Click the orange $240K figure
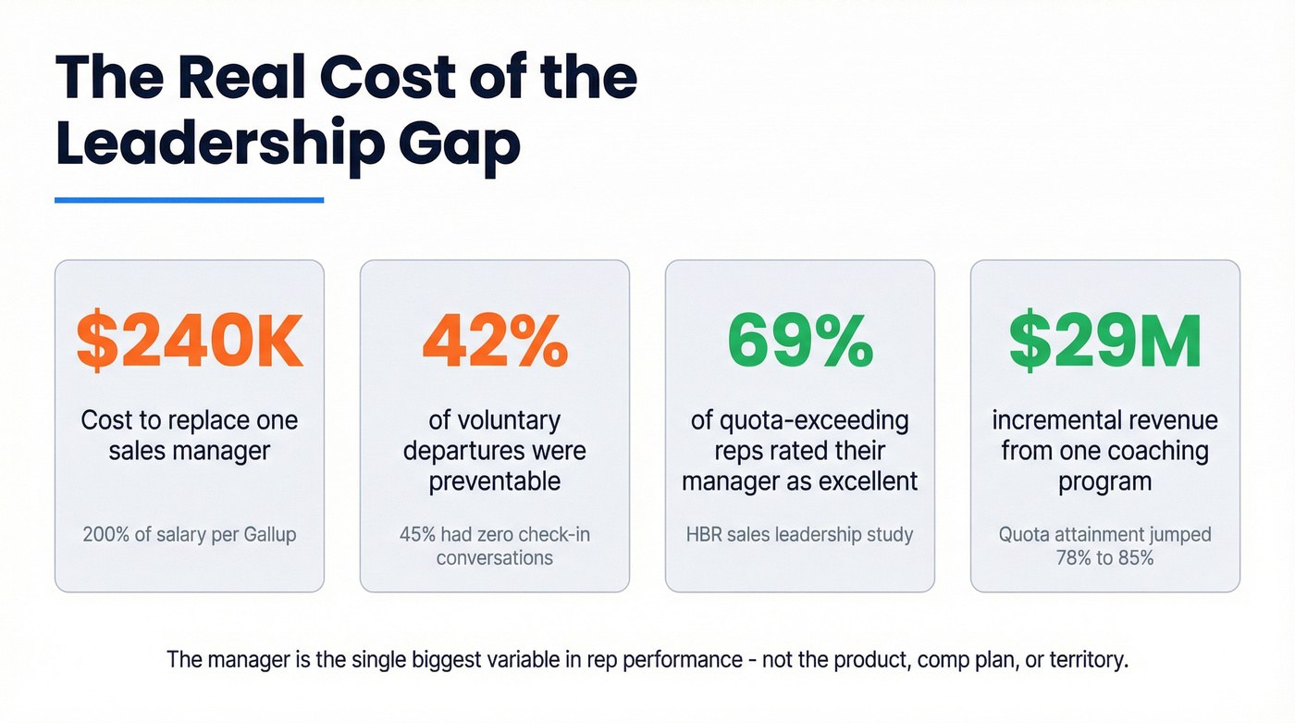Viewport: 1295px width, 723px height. tap(189, 342)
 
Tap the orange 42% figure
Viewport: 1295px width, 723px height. tap(494, 342)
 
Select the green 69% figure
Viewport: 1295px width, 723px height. tap(799, 342)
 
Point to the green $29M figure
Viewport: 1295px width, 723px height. tap(1104, 342)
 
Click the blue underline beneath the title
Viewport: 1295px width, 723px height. tap(189, 199)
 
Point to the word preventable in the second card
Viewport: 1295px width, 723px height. tap(494, 481)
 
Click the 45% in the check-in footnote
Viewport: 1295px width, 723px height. tap(418, 535)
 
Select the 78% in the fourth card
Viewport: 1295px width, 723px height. tap(1076, 558)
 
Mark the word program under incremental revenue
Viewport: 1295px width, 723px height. tap(1104, 481)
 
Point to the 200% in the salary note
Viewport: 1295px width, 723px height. tap(105, 535)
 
